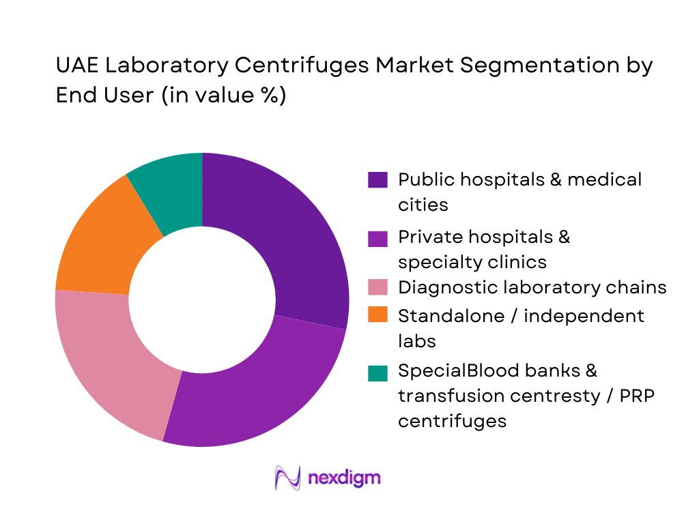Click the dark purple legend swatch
[377, 180]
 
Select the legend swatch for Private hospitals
[377, 237]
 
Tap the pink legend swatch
[377, 287]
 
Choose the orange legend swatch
[377, 315]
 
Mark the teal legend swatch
[377, 373]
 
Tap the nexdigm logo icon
[287, 477]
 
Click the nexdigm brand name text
[344, 478]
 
